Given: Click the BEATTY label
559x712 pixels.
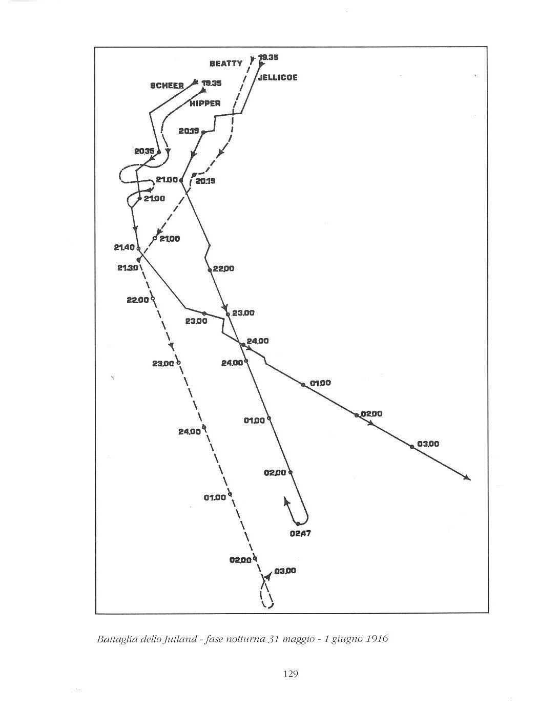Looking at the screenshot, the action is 226,64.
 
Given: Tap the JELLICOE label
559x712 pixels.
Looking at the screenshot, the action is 277,78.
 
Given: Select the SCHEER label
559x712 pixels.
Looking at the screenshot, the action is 167,86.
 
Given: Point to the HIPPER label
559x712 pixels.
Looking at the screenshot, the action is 205,103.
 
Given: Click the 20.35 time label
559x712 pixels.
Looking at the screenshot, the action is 144,151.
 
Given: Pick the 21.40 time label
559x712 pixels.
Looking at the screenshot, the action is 125,247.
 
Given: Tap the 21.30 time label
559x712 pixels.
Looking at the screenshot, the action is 127,268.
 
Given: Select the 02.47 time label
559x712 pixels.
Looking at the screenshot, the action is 300,534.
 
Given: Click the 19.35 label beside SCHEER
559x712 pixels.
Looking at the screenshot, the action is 212,83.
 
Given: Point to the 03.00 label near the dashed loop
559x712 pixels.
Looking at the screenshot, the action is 285,571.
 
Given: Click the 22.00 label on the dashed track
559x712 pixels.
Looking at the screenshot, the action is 138,300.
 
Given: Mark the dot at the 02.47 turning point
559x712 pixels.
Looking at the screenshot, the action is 298,524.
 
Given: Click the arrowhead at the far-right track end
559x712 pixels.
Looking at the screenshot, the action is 467,478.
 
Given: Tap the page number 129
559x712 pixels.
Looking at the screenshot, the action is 291,674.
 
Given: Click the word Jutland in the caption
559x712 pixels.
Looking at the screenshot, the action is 180,639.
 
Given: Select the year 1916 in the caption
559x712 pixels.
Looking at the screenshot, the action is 376,639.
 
